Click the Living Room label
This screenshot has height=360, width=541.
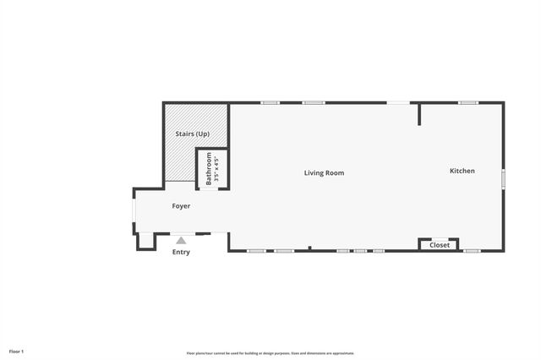coord(324,173)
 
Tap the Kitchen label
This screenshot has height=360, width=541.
coord(462,171)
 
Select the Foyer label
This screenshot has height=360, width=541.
coord(181,206)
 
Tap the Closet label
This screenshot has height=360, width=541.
coord(440,245)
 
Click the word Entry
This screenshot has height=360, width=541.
coord(181,252)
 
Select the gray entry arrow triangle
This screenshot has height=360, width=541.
coord(181,241)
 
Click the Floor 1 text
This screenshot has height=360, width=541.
coord(17,351)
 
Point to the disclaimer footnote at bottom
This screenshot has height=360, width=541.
coord(270,353)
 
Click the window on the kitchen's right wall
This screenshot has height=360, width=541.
coord(503,179)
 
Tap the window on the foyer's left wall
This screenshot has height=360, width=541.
coord(134,216)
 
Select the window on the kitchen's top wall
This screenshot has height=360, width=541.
coord(468,103)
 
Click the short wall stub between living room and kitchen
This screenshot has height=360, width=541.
coord(418,114)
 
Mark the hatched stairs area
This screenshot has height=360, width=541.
coord(181,156)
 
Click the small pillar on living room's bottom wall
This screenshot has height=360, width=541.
coord(309,248)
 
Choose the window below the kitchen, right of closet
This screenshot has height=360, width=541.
coord(472,251)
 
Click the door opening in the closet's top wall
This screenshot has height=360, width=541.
coord(440,238)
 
